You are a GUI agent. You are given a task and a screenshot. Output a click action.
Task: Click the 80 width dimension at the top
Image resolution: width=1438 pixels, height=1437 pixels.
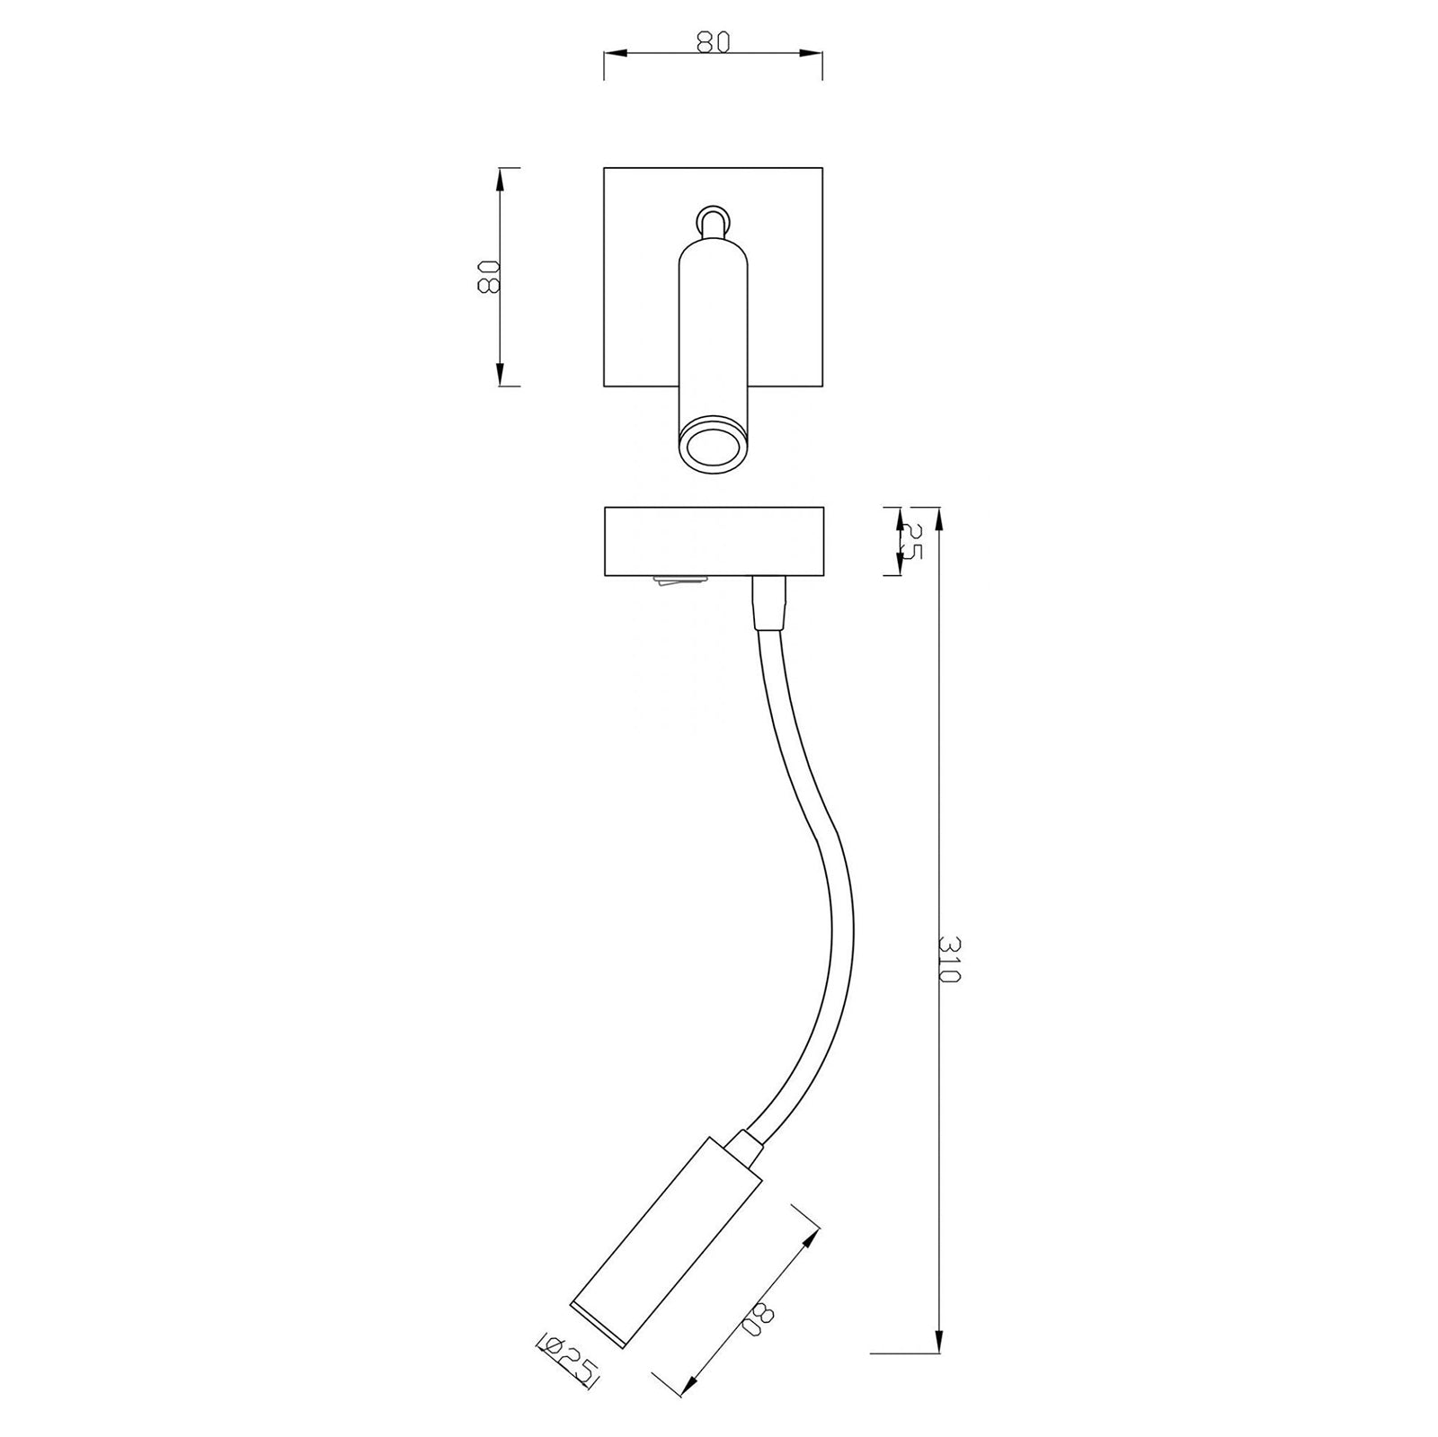712,42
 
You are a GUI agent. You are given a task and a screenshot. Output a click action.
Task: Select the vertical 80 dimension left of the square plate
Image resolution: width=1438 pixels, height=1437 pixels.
488,277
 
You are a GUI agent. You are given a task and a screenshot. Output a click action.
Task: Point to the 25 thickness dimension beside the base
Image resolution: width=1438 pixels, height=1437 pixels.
910,542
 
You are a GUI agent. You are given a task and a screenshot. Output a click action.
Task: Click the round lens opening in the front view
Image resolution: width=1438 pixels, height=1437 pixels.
710,446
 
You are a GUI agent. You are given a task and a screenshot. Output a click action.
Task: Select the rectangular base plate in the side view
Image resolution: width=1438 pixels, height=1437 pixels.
713,542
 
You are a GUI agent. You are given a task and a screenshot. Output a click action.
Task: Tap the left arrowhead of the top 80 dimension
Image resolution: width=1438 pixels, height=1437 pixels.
610,54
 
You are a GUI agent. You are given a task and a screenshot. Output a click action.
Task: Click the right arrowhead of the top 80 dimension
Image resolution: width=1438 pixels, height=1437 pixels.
815,54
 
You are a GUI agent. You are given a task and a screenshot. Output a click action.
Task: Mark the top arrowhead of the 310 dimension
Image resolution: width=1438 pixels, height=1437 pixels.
938,516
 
